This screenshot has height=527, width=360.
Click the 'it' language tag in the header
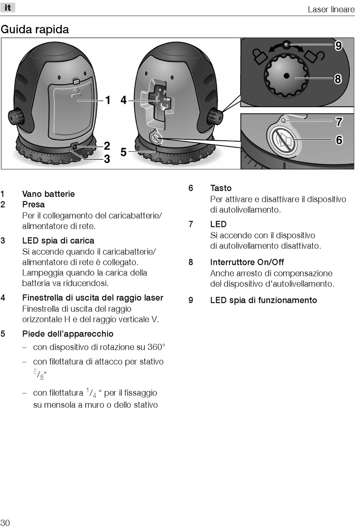click(8, 8)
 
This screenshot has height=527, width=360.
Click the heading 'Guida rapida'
click(35, 30)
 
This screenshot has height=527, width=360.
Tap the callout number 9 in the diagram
click(338, 46)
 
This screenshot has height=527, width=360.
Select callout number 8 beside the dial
click(338, 79)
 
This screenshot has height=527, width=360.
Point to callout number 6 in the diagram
click(339, 140)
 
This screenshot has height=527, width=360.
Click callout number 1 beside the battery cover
click(108, 100)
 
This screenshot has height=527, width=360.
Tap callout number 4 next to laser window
click(124, 100)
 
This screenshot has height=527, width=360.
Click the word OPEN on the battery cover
click(76, 95)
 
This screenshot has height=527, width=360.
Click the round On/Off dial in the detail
click(286, 76)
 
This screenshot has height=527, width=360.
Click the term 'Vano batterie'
click(49, 194)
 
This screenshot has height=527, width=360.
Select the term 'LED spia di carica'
click(58, 241)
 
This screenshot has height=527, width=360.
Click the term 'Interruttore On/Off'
click(247, 262)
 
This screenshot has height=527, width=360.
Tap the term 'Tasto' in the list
click(221, 188)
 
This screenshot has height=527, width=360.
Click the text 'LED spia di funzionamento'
click(263, 300)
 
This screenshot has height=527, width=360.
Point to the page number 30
click(5, 522)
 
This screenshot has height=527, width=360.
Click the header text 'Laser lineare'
click(331, 9)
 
